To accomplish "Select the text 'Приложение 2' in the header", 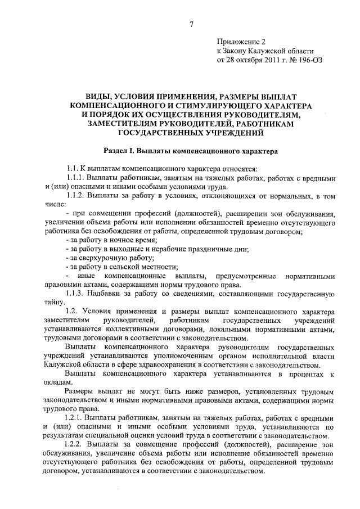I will (241, 42).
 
